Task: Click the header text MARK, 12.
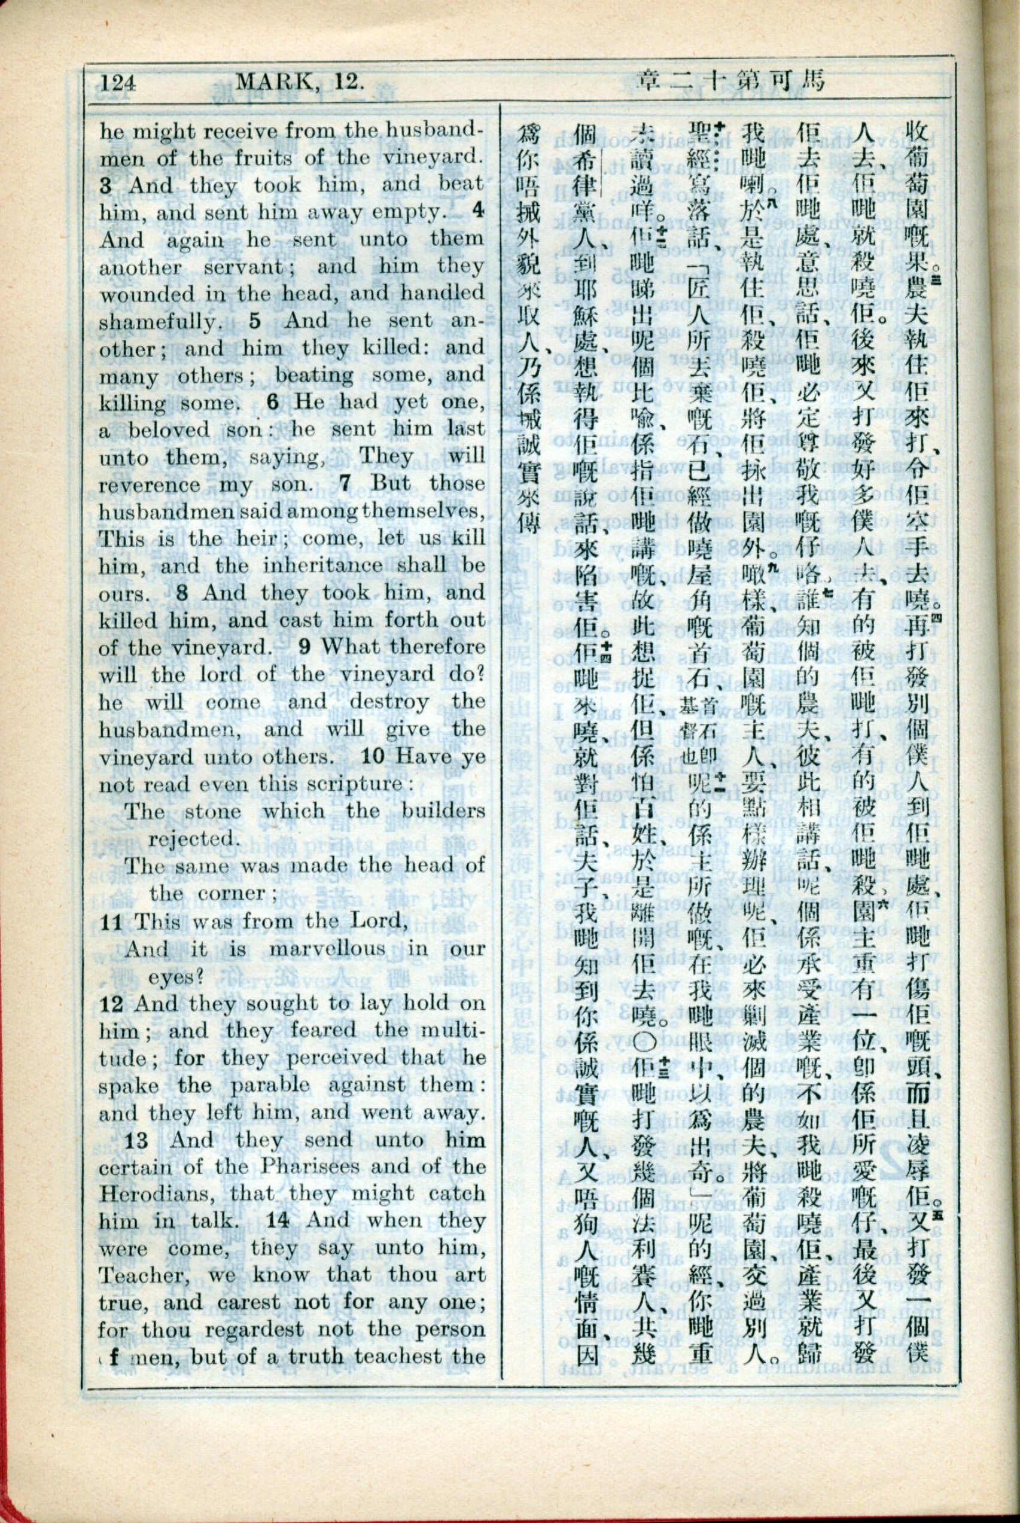pos(298,83)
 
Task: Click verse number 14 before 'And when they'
pos(278,1220)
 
